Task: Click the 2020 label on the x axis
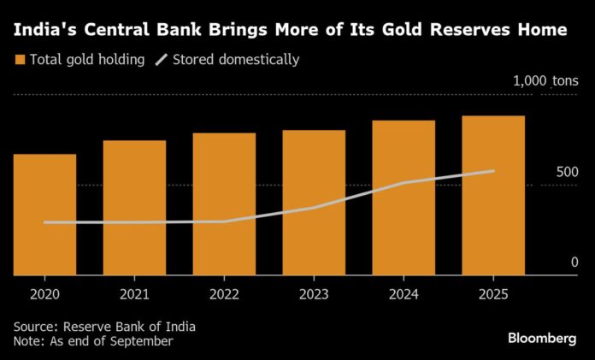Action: coord(44,294)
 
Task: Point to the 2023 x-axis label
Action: coord(314,294)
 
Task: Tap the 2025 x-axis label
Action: coord(493,294)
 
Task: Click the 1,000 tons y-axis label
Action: coord(545,82)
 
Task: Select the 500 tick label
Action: coord(568,172)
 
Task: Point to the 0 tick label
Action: coord(574,263)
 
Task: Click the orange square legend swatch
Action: coord(19,61)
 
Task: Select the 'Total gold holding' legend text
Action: coord(87,61)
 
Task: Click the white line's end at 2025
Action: coord(493,171)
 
